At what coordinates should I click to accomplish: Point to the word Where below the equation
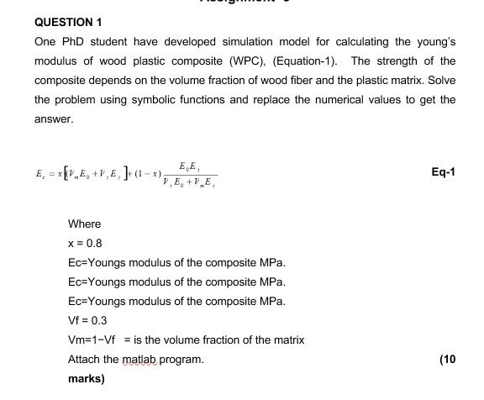pos(84,224)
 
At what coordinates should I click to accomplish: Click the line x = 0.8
pos(85,243)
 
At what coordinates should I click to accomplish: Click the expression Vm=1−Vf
pos(93,339)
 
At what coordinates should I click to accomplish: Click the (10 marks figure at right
pos(447,359)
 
